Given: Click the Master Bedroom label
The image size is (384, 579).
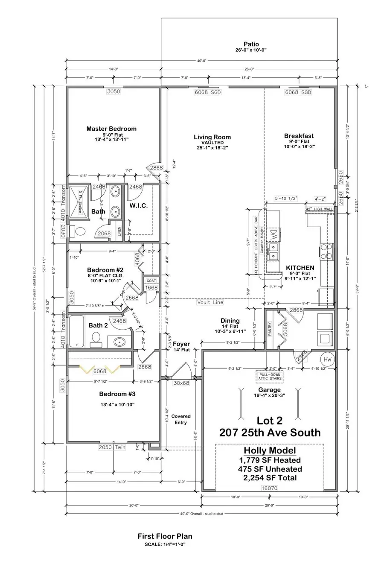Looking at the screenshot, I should (111, 129).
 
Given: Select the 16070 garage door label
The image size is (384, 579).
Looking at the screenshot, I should (269, 487).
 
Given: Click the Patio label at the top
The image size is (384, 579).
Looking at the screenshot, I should (251, 44).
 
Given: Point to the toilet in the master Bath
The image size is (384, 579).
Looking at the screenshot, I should (77, 231).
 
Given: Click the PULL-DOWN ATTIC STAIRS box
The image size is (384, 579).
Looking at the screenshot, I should (269, 377).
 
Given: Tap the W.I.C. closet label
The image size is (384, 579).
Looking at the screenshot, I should (139, 206).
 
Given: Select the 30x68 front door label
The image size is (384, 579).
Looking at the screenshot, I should (181, 383).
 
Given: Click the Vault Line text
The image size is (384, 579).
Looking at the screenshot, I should (210, 302).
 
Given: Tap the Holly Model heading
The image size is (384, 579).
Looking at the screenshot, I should (269, 450).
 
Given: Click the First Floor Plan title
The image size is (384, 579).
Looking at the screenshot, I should (165, 536).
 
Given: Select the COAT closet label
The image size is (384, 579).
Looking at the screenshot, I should (151, 281).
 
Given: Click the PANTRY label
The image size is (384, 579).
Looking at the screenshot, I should (270, 329).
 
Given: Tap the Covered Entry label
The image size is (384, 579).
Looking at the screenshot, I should (181, 419).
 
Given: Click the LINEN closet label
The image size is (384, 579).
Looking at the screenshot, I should (119, 231).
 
